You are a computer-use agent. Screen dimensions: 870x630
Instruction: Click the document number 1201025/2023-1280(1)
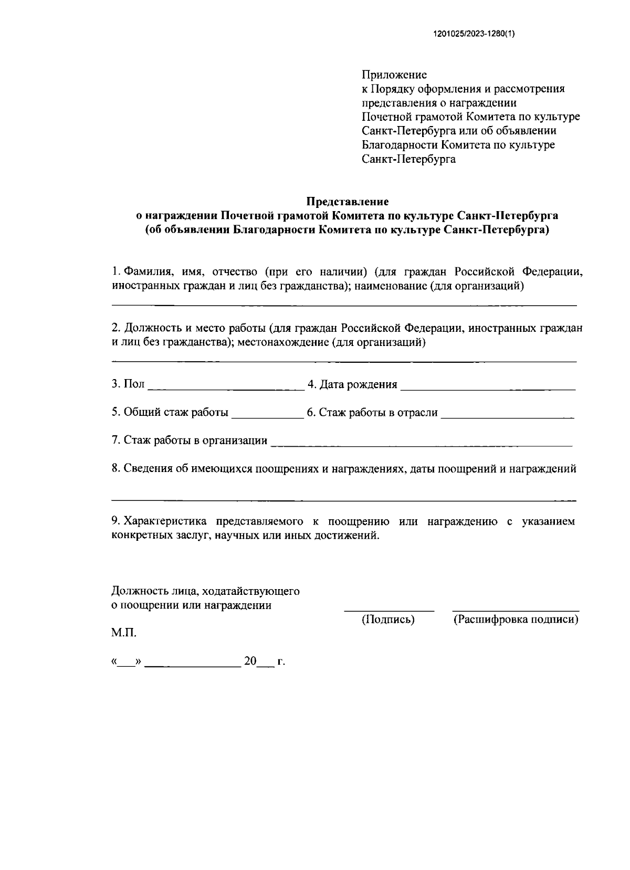pyautogui.click(x=475, y=35)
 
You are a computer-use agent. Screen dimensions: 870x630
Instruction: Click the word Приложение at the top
pyautogui.click(x=394, y=75)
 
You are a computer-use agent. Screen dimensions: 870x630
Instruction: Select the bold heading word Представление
pyautogui.click(x=347, y=202)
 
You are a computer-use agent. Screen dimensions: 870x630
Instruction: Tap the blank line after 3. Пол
pyautogui.click(x=226, y=389)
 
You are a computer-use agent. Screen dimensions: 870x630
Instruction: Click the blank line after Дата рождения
pyautogui.click(x=488, y=389)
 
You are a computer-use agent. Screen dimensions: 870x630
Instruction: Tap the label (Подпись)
pyautogui.click(x=388, y=620)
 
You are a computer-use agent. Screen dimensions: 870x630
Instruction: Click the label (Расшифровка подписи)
pyautogui.click(x=516, y=620)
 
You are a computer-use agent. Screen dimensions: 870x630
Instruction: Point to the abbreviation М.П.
pyautogui.click(x=124, y=633)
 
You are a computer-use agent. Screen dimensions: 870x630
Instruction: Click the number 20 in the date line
pyautogui.click(x=249, y=662)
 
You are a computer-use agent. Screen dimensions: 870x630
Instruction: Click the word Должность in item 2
pyautogui.click(x=151, y=328)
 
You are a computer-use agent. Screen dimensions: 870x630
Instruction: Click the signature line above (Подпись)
pyautogui.click(x=389, y=611)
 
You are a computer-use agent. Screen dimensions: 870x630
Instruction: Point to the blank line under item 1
pyautogui.click(x=344, y=305)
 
